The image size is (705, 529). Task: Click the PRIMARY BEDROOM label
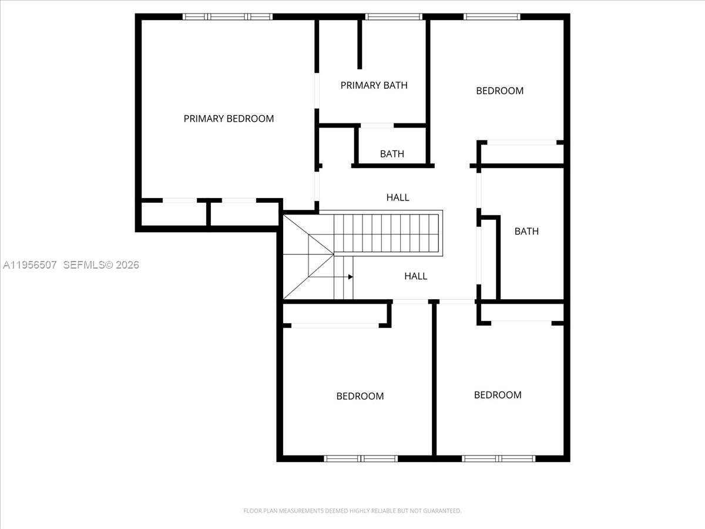pos(229,119)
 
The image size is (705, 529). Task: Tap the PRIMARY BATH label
pos(374,85)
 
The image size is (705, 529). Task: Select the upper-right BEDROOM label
pos(499,91)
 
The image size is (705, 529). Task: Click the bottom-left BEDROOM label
pos(360,396)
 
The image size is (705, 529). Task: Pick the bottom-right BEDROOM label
pos(498,395)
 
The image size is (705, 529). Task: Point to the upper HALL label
pos(398,197)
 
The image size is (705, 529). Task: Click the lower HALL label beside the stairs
pos(415,276)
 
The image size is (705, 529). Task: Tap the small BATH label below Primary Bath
pos(392,154)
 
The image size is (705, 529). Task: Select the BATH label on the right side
pos(526,231)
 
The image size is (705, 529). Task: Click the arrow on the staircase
pos(350,276)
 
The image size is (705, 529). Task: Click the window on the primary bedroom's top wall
pos(227,16)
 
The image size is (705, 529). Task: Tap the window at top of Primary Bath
pos(394,16)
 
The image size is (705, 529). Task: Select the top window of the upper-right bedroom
pos(492,16)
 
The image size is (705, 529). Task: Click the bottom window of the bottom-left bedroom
pos(361,458)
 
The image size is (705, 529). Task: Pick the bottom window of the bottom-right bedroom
pos(498,458)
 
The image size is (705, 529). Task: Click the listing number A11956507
pos(29,265)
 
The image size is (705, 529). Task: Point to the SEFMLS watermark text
pos(83,265)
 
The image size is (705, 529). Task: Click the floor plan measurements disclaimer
pos(352,511)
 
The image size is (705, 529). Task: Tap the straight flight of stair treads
pos(387,234)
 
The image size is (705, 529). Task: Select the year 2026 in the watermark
pos(127,265)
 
